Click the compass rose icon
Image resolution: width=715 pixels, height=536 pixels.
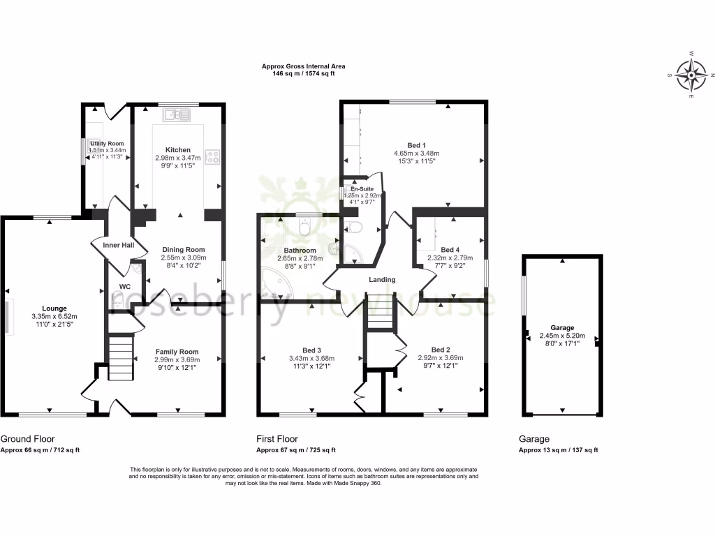click(691, 75)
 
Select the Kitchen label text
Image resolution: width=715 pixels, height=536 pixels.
click(177, 150)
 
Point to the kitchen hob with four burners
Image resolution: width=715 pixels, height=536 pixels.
click(212, 156)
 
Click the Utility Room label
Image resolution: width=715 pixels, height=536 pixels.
click(107, 143)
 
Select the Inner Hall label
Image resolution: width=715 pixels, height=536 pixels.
click(117, 245)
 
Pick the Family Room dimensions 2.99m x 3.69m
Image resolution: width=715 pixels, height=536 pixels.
click(177, 359)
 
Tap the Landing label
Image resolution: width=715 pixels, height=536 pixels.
click(382, 279)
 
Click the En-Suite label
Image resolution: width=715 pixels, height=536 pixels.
click(362, 189)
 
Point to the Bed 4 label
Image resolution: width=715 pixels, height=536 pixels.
click(450, 249)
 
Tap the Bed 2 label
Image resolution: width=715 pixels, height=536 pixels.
click(440, 350)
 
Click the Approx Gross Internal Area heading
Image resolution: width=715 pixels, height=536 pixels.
click(303, 66)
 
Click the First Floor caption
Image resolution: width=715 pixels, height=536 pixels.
click(278, 439)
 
